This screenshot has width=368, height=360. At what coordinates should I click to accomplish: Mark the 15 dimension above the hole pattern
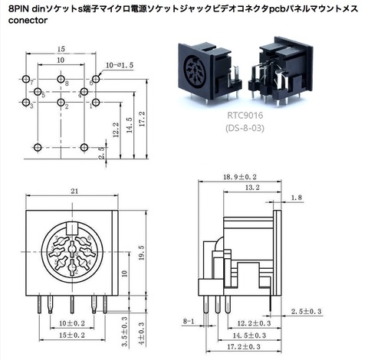[60, 48]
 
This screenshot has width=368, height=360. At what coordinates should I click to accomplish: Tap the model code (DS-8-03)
[245, 128]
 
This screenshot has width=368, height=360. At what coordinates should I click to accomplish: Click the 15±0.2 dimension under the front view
[72, 335]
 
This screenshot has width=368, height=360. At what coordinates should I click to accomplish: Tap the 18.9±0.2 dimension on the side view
[239, 177]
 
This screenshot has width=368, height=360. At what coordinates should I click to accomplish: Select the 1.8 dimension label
[297, 198]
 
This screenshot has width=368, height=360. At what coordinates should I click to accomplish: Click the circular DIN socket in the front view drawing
[71, 254]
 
